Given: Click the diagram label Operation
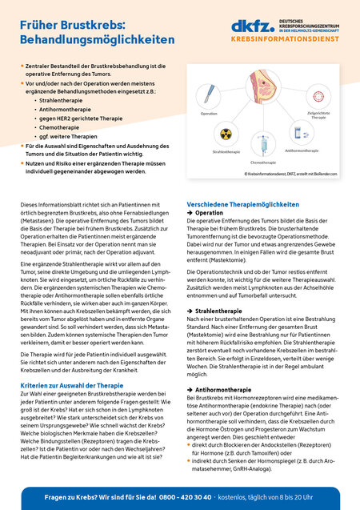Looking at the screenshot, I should pyautogui.click(x=209, y=114).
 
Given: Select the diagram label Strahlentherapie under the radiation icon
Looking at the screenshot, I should pyautogui.click(x=226, y=151).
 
